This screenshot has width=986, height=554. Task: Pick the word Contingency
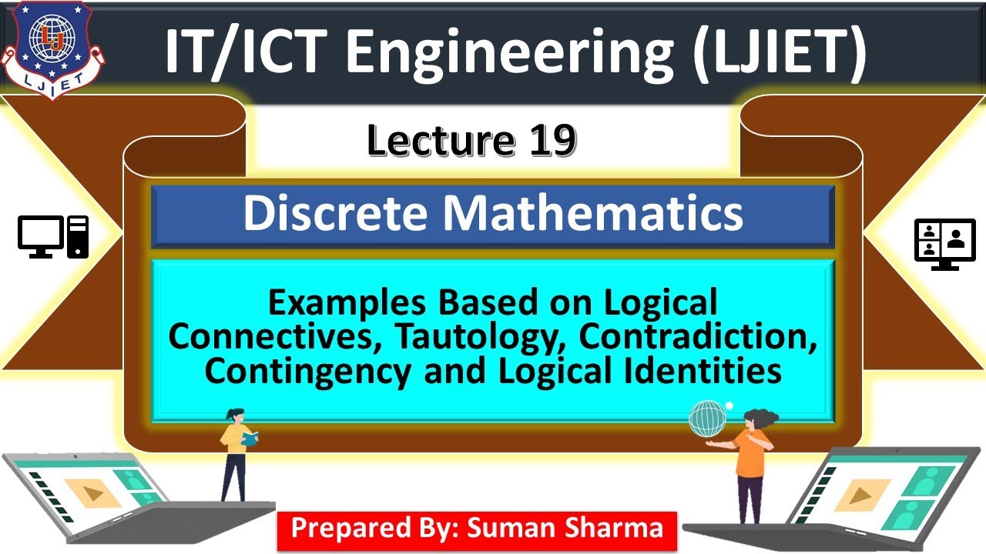click(307, 372)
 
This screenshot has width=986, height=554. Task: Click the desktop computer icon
click(53, 236)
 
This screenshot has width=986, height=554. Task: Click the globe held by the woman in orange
click(708, 419)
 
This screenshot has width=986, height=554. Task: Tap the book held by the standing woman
click(250, 439)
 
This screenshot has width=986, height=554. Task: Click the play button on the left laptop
click(92, 493)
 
